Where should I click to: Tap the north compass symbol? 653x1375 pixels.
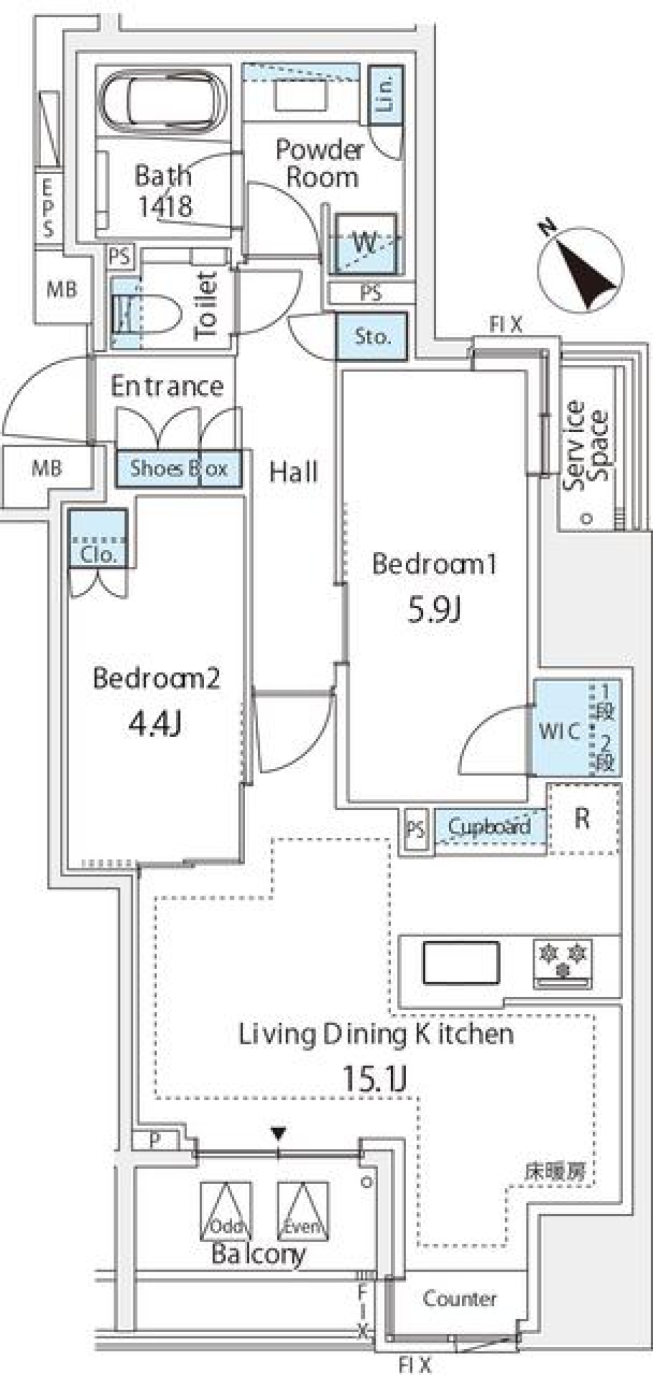(x=580, y=271)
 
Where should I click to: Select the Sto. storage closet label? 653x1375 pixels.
(x=372, y=336)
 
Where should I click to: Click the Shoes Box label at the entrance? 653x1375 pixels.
(x=178, y=468)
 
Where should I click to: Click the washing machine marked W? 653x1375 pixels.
(x=365, y=242)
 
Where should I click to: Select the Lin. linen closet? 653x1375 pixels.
(x=386, y=95)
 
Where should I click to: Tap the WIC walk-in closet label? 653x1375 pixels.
(x=559, y=731)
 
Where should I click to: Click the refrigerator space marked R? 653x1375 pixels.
(x=583, y=819)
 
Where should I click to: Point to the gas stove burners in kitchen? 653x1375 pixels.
(x=563, y=962)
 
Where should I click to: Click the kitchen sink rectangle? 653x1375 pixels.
(x=461, y=962)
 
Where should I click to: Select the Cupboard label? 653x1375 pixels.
(x=489, y=826)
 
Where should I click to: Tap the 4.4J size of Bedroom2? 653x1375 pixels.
(x=155, y=724)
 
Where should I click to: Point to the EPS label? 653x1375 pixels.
(x=48, y=207)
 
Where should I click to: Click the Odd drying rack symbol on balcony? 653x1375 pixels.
(x=226, y=1212)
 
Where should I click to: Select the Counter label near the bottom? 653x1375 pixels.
(x=459, y=1298)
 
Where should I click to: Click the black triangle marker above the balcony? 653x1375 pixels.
(x=278, y=1133)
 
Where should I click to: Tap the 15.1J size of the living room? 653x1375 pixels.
(x=375, y=1078)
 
